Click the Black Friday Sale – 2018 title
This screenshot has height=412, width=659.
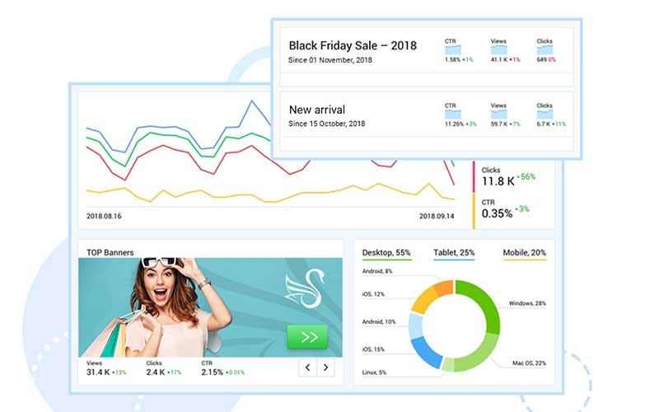[x=353, y=45]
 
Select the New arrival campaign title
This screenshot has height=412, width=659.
[x=317, y=110]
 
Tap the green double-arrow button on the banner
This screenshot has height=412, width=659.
[x=306, y=337]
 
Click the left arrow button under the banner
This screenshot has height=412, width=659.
[x=307, y=368]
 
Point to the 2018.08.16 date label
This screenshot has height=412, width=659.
[x=104, y=216]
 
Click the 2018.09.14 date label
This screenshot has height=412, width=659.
[x=437, y=216]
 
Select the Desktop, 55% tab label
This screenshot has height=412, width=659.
[x=386, y=252]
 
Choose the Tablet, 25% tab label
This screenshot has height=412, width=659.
[x=454, y=252]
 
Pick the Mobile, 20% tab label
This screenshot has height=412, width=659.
[x=524, y=252]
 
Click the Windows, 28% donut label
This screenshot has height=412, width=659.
[x=527, y=303]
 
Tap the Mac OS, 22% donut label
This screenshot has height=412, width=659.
[x=528, y=363]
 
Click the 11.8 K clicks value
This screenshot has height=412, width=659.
[x=498, y=181]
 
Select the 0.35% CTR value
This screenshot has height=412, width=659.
[x=496, y=213]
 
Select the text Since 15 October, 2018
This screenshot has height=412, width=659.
[x=326, y=124]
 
